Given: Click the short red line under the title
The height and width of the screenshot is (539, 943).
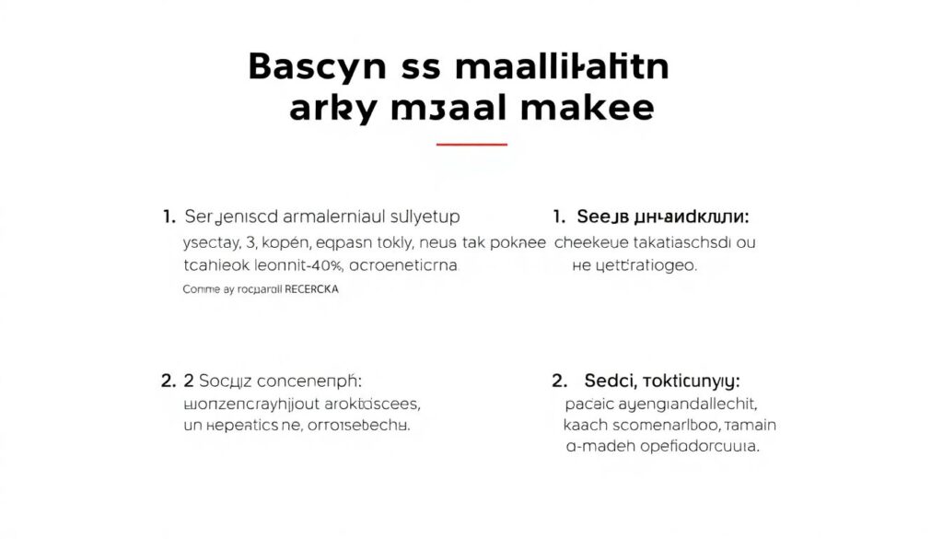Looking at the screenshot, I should (x=471, y=145).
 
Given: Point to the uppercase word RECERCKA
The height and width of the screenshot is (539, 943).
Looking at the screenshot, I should (x=312, y=288).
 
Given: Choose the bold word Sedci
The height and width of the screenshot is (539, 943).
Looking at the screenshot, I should (x=610, y=381).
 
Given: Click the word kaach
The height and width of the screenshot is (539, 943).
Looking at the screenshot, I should (x=585, y=425).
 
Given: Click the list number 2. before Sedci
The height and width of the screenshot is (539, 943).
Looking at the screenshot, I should (x=559, y=381).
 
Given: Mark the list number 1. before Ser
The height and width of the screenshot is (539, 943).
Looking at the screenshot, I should (x=169, y=217).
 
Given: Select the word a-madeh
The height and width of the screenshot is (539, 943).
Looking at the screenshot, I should (x=601, y=447).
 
